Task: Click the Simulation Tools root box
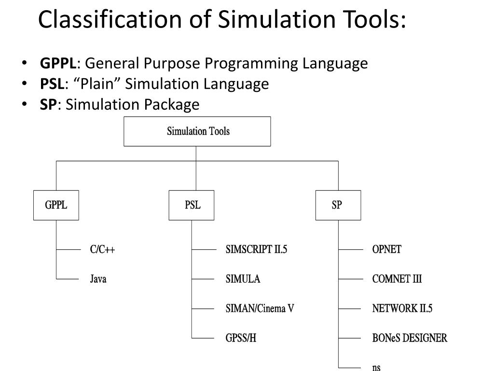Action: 197,131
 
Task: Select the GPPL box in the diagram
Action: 56,205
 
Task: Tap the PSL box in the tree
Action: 192,205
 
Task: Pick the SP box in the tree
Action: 338,205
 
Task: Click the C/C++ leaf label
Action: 102,250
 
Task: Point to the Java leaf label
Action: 98,279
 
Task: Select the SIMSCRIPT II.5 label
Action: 256,250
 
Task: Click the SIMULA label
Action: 243,279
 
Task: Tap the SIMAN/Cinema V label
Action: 260,309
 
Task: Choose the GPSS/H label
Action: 241,338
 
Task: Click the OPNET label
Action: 386,250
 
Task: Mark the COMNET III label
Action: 397,279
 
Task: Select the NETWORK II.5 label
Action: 402,309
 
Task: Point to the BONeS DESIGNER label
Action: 410,338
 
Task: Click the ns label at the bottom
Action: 376,367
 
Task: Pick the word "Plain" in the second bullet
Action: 99,84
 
